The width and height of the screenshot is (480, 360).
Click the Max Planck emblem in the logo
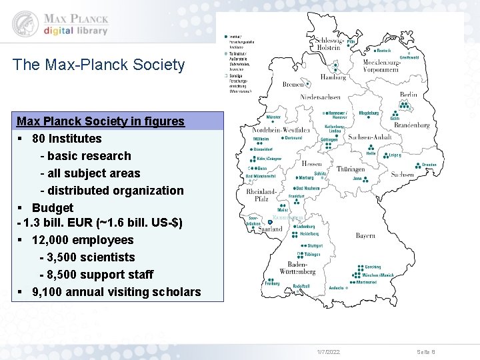pos(25,23)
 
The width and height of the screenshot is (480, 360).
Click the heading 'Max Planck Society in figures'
pos(100,121)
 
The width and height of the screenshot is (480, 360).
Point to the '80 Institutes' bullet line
pos(67,139)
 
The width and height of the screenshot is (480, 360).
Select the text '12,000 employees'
pos(83,240)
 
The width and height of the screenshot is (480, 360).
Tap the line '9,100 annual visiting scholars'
pos(116,292)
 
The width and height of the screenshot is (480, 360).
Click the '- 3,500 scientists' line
pos(87,257)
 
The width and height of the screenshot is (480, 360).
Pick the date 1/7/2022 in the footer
pos(327,351)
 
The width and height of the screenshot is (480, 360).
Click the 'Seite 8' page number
pos(425,351)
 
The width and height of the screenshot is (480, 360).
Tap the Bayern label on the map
pos(365,235)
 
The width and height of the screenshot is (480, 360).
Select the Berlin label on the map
pos(408,95)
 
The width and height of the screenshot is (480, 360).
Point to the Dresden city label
pos(429,165)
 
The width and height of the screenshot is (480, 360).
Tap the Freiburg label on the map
pos(253,283)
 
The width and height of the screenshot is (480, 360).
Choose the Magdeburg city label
pos(369,113)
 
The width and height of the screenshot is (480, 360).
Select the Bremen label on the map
pos(293,85)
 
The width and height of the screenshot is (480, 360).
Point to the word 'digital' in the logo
pos(59,31)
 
